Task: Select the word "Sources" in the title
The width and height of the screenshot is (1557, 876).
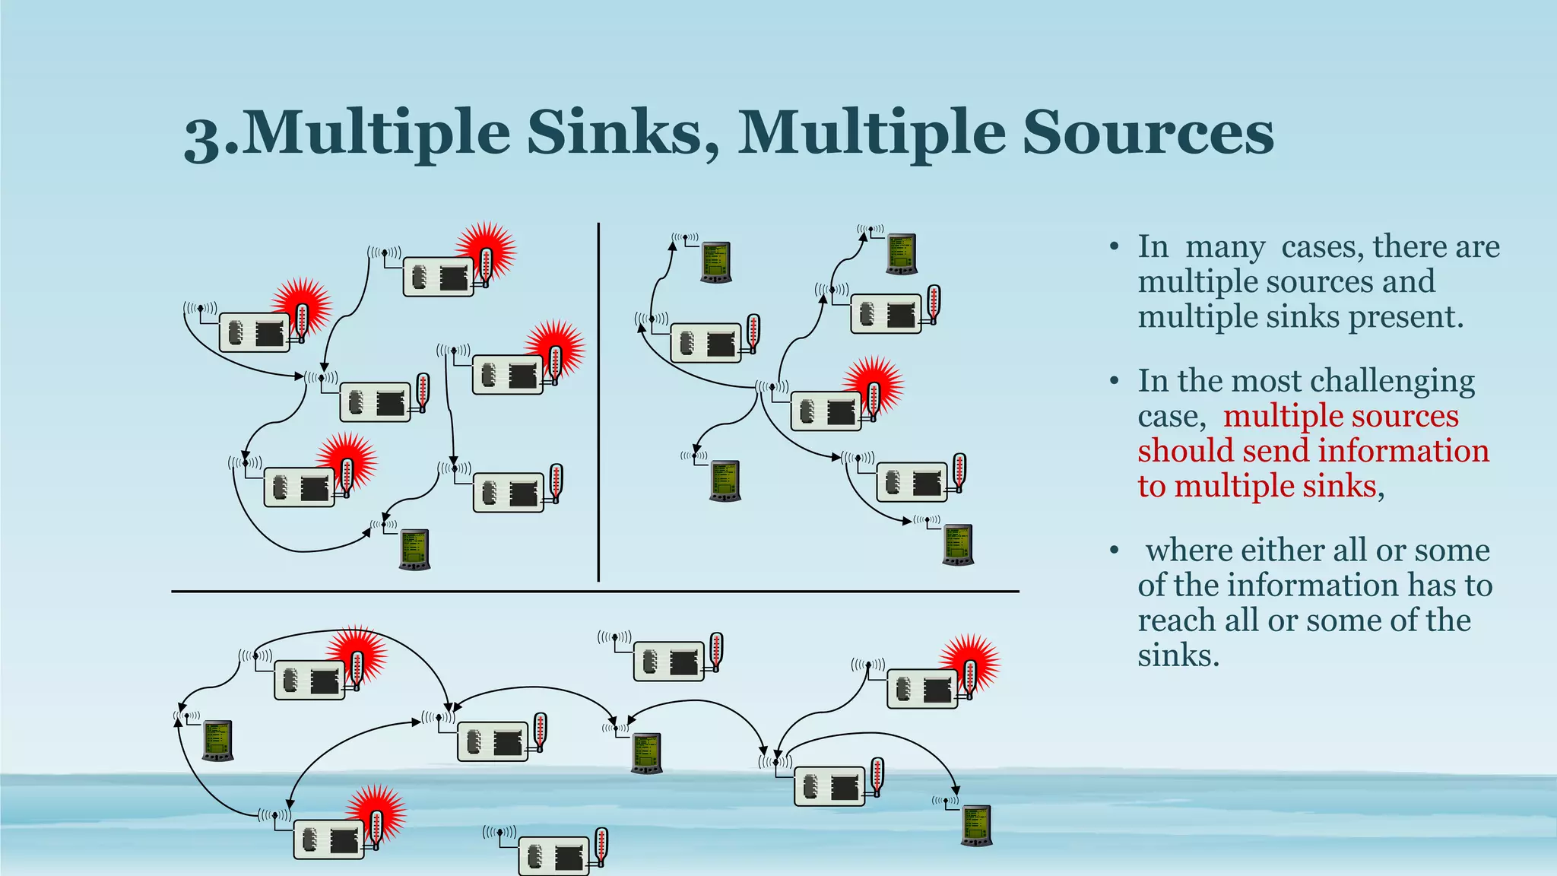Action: pyautogui.click(x=1148, y=133)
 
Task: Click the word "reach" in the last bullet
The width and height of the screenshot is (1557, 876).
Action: pyautogui.click(x=1177, y=620)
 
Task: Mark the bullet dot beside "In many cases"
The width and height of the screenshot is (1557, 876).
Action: pyautogui.click(x=1114, y=247)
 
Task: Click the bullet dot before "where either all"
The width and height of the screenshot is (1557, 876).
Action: pyautogui.click(x=1114, y=549)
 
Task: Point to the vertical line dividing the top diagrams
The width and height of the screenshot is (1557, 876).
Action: pyautogui.click(x=598, y=403)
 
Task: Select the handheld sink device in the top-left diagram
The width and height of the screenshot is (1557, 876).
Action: pyautogui.click(x=414, y=549)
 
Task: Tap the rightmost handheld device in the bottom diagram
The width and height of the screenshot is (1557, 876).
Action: pyautogui.click(x=976, y=825)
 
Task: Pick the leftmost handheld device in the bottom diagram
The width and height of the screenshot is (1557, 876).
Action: pyautogui.click(x=217, y=740)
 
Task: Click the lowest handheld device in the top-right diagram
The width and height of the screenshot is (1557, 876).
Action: pyautogui.click(x=958, y=544)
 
